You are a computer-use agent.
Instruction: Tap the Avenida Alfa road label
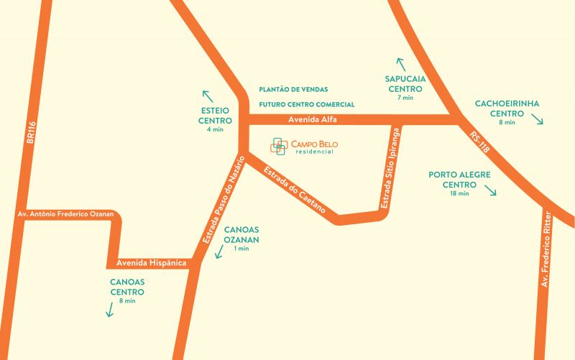[312, 119]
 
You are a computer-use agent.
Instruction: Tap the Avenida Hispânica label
[146, 264]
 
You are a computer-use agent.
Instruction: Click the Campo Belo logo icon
[279, 146]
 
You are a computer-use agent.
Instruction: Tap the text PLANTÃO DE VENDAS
[293, 90]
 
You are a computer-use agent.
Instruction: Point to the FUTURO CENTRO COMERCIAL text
[307, 104]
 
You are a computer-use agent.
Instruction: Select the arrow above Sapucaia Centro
[400, 64]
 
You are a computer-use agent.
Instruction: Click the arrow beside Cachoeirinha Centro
[537, 120]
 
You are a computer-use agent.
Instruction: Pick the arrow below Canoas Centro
[110, 310]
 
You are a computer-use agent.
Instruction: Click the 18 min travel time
[459, 194]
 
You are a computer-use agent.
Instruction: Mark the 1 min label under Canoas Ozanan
[241, 249]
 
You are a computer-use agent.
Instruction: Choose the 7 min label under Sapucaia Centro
[405, 98]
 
